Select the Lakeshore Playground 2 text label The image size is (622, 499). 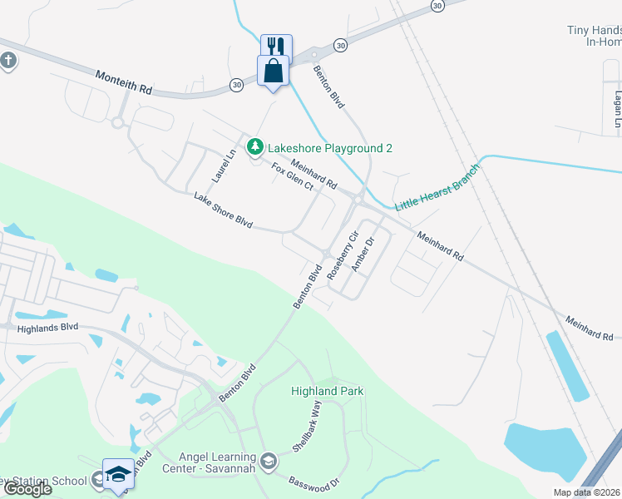329,148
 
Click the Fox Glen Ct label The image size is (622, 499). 292,176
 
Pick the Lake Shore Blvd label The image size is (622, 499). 222,210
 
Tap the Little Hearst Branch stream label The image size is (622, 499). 437,187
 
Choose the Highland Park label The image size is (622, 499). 327,391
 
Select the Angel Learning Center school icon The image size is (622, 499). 269,460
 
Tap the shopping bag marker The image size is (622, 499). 273,71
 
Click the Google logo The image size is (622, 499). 28,489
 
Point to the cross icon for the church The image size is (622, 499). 8,62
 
